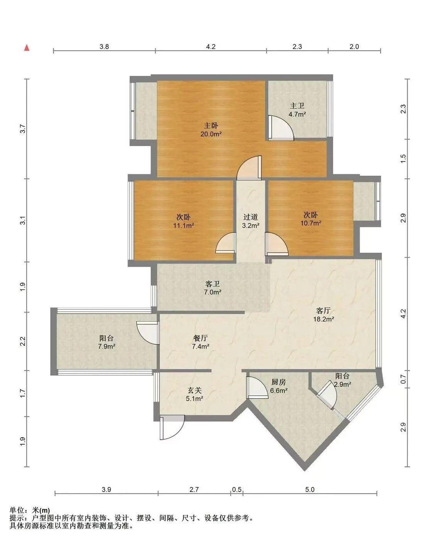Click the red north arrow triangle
pyautogui.click(x=27, y=47)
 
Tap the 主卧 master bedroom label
pyautogui.click(x=211, y=125)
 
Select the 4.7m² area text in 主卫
pyautogui.click(x=297, y=114)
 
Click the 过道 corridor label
pyautogui.click(x=250, y=217)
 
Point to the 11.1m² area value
pyautogui.click(x=184, y=225)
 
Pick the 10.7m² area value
pyautogui.click(x=311, y=223)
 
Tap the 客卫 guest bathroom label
pyautogui.click(x=213, y=284)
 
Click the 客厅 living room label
pyautogui.click(x=323, y=311)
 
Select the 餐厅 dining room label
pyautogui.click(x=200, y=338)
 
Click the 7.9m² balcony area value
pyautogui.click(x=107, y=346)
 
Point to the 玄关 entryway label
pyautogui.click(x=194, y=390)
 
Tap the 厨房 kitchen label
pyautogui.click(x=278, y=382)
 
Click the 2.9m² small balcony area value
pyautogui.click(x=342, y=384)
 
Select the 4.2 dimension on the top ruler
pyautogui.click(x=211, y=47)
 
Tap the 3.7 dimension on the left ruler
pyautogui.click(x=23, y=129)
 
